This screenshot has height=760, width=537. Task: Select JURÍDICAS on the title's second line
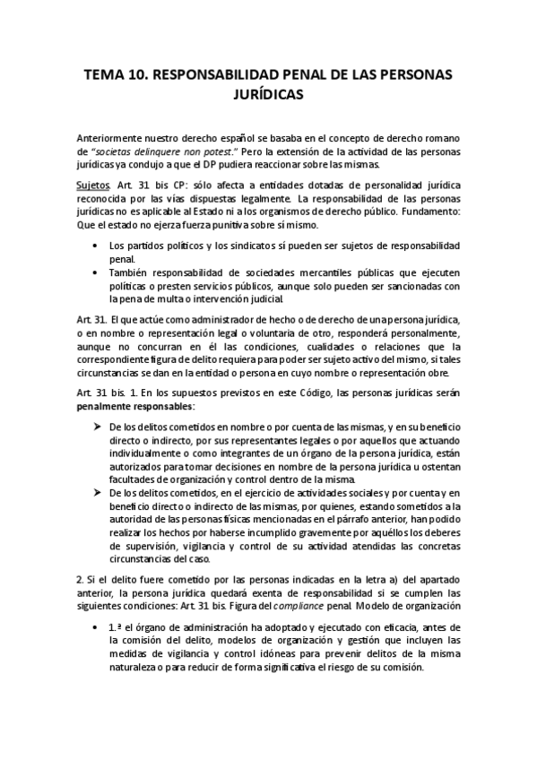click(x=267, y=93)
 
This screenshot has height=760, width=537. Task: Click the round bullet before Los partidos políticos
click(x=96, y=246)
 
